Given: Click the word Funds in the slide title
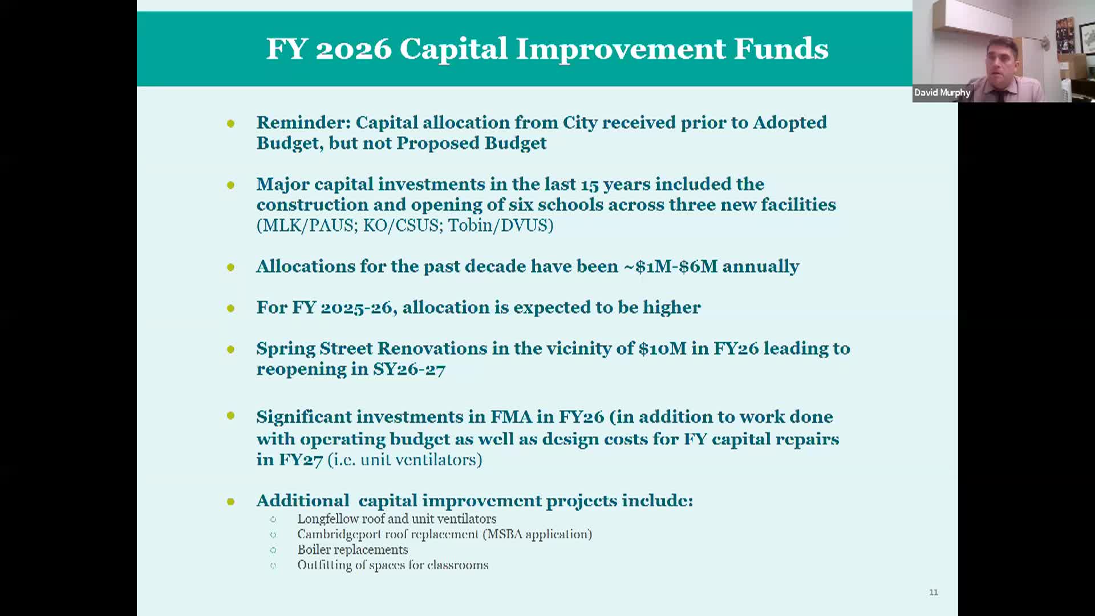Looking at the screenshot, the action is [x=781, y=48].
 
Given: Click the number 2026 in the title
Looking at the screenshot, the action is [x=354, y=48].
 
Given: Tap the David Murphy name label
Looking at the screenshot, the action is [x=942, y=92].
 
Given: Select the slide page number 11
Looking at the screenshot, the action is [x=934, y=592].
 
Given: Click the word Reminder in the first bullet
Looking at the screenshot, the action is [x=303, y=123].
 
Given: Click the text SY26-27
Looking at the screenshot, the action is [x=409, y=369].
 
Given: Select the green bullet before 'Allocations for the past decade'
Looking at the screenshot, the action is [x=230, y=266].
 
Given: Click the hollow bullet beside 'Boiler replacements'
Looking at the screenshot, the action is [x=273, y=550].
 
